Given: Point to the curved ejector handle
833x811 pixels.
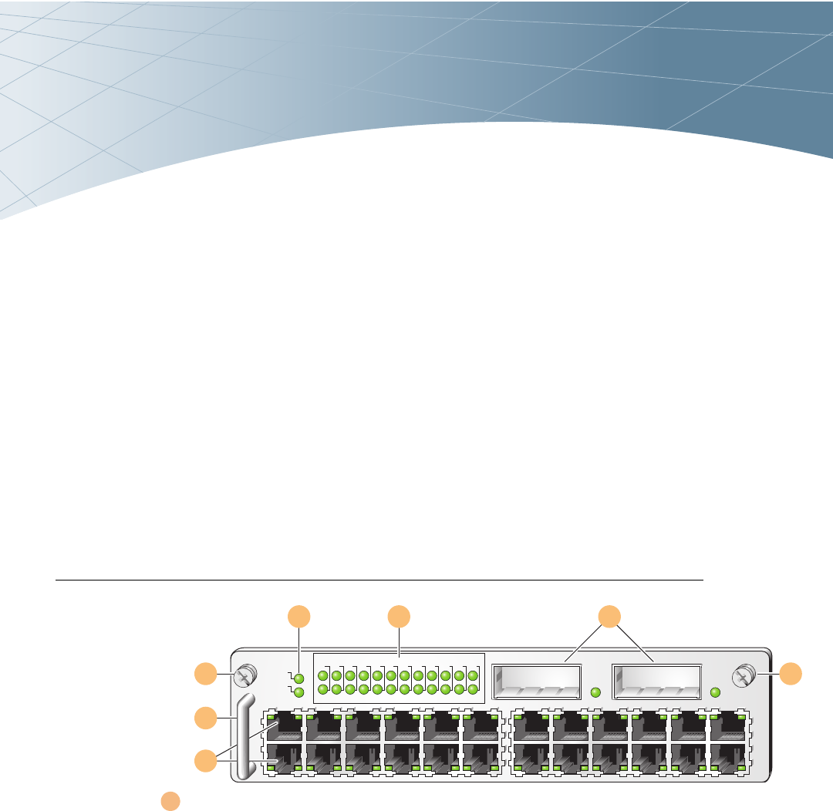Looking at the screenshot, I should click(245, 736).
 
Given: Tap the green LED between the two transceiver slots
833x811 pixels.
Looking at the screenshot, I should click(595, 692).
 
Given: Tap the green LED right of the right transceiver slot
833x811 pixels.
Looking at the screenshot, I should click(715, 692).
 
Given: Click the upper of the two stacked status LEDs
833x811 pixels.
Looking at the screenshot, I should click(299, 678).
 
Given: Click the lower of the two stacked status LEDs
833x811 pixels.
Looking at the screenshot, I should click(299, 692).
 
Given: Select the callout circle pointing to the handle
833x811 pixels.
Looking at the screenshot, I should click(205, 718).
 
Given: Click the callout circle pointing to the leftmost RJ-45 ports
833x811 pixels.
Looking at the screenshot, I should click(205, 762).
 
